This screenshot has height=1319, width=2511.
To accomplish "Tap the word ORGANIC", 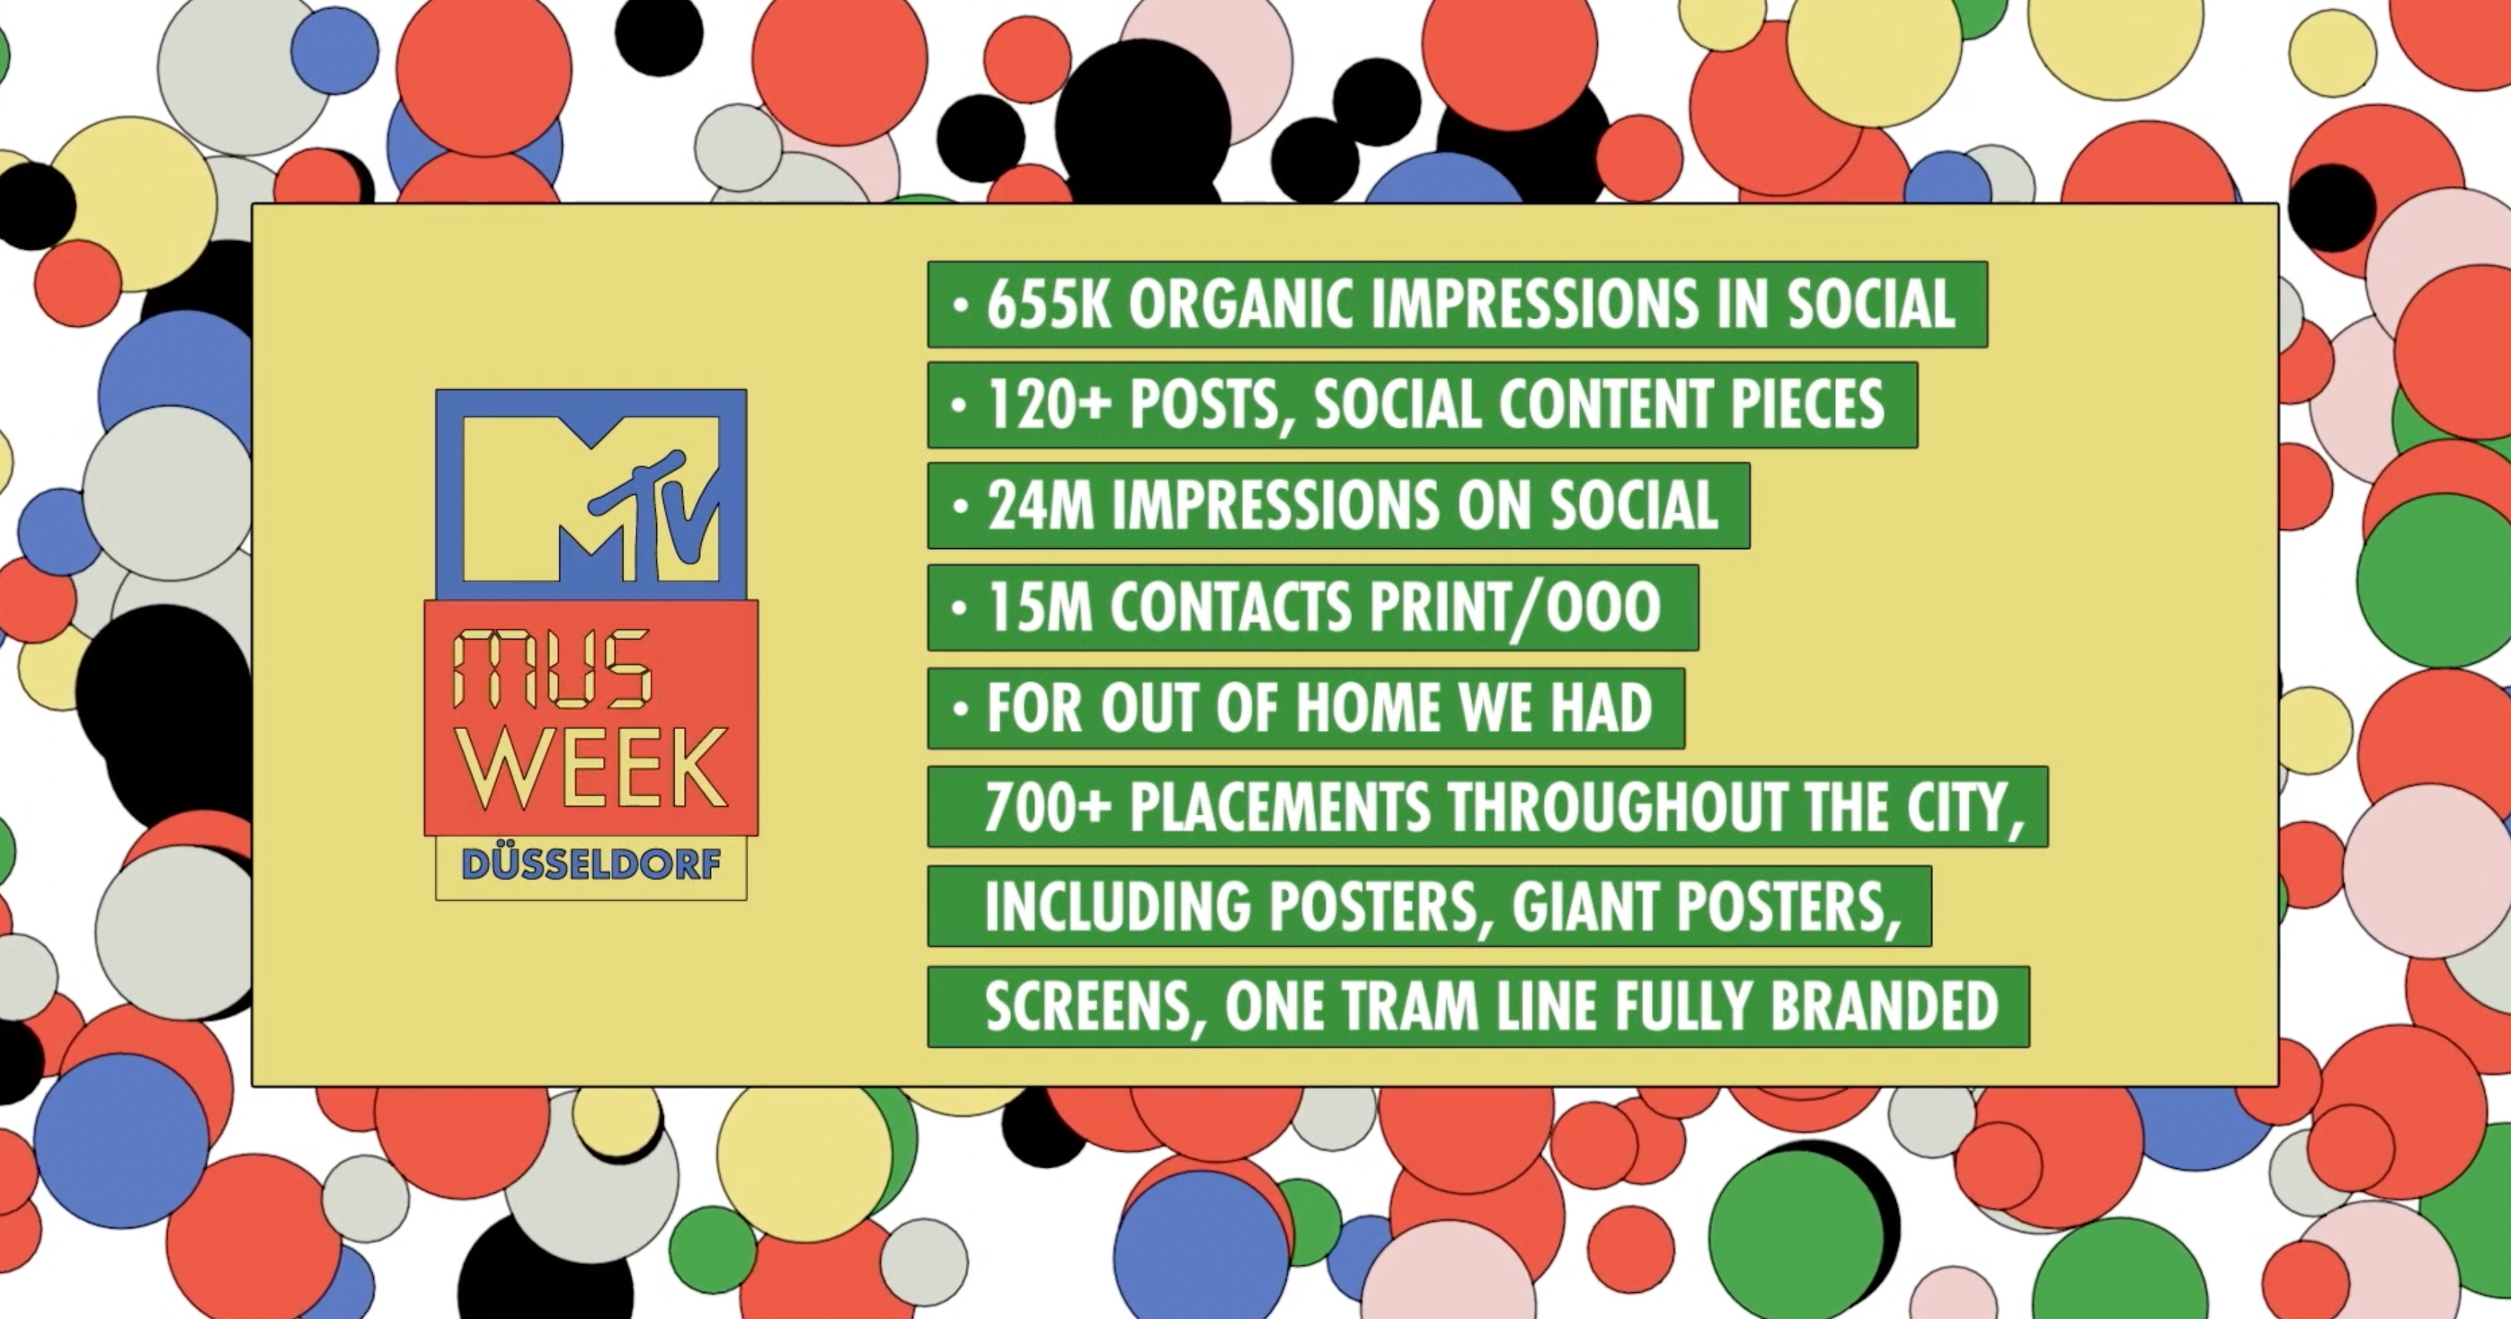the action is click(1241, 305).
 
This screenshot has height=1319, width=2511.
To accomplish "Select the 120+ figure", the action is click(1049, 405).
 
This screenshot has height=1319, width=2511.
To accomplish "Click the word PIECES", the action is click(1808, 405).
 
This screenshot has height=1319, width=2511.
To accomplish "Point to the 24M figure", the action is click(1040, 506).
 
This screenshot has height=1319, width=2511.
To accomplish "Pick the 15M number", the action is click(1039, 607).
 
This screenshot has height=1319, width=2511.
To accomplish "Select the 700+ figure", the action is click(1048, 807).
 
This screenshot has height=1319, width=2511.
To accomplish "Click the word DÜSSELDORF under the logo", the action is click(591, 864).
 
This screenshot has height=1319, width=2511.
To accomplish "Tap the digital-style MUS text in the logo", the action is click(552, 669).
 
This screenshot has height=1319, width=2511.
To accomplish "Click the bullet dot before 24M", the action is click(961, 507).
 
